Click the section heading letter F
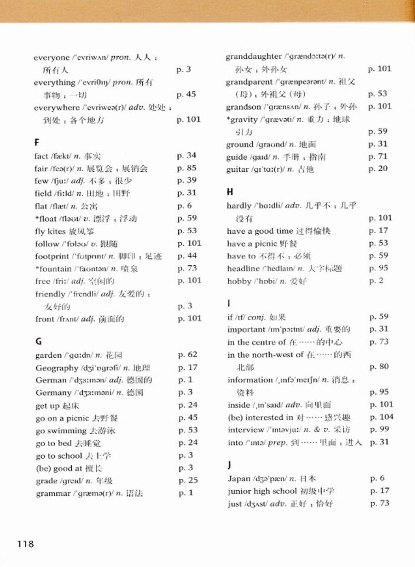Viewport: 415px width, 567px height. coord(37,142)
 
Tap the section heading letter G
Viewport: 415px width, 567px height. coord(39,341)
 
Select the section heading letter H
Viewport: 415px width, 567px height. coord(230,192)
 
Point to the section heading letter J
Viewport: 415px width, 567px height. coord(229,465)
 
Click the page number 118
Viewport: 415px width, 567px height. coord(26,544)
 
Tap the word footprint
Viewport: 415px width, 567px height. coord(52,256)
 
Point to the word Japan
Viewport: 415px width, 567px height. coord(239,478)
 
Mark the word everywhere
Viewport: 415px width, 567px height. coord(57,107)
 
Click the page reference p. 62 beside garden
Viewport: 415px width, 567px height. coord(188,354)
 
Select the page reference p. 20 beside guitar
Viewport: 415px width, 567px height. coord(378,168)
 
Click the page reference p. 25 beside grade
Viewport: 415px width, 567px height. coord(188,480)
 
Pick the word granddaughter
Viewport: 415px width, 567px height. coord(253,56)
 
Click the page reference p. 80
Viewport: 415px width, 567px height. coord(379,367)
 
